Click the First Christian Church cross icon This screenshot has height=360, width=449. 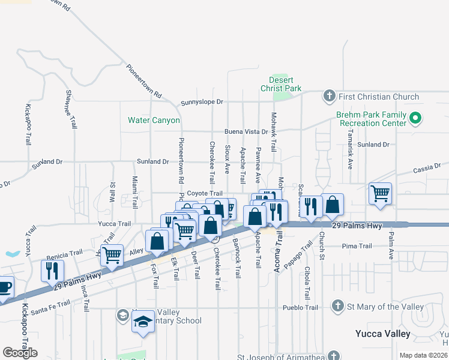[x=329, y=96]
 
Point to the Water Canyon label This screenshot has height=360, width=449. [x=154, y=120]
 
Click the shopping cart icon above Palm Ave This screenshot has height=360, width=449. [x=380, y=194]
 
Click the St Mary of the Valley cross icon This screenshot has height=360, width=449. [x=337, y=307]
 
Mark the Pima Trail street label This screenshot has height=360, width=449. [x=357, y=246]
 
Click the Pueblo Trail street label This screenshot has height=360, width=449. [x=300, y=308]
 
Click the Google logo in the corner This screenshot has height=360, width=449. [x=20, y=353]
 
